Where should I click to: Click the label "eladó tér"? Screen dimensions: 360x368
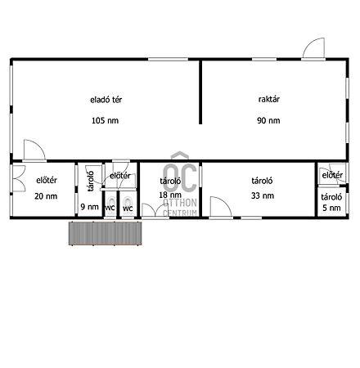(106, 100)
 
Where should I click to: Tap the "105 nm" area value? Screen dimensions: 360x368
(105, 120)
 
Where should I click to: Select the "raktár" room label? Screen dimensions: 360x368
(269, 99)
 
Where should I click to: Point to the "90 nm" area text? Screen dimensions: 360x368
(268, 120)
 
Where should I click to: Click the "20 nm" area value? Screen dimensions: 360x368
(46, 196)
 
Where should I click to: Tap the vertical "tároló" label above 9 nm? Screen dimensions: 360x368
(91, 182)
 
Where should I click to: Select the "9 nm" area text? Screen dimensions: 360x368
(89, 207)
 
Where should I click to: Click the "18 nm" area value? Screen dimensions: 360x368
(170, 195)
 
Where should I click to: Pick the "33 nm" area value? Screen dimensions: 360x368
(263, 195)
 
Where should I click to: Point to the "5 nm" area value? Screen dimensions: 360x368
(331, 208)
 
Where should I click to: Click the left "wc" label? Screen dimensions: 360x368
(110, 208)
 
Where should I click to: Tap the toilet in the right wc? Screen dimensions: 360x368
(128, 202)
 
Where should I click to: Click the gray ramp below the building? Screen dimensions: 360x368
(106, 233)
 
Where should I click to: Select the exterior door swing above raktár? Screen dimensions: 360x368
(313, 48)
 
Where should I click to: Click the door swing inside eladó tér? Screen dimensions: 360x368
(34, 150)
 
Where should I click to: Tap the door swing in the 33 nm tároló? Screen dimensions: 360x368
(221, 207)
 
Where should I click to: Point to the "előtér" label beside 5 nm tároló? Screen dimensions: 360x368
(332, 175)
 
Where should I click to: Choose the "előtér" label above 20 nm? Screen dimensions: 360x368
(47, 180)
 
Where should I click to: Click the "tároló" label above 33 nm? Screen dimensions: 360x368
(262, 181)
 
